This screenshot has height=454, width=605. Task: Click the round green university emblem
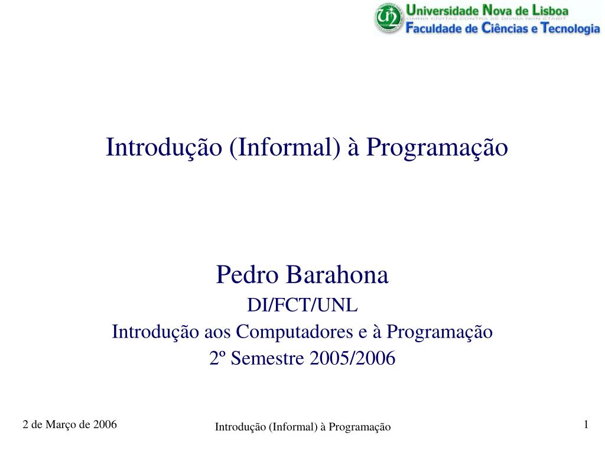pyautogui.click(x=389, y=18)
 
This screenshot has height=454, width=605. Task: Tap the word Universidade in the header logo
pyautogui.click(x=442, y=10)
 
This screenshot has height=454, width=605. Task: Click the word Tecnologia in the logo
pyautogui.click(x=570, y=28)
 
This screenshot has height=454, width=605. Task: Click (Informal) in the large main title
pyautogui.click(x=285, y=147)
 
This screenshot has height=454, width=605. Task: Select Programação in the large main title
pyautogui.click(x=437, y=148)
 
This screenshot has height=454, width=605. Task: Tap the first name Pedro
pyautogui.click(x=247, y=274)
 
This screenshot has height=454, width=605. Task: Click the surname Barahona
pyautogui.click(x=337, y=274)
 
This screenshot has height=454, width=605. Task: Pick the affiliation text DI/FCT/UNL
pyautogui.click(x=302, y=305)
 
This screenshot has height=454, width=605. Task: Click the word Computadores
pyautogui.click(x=294, y=332)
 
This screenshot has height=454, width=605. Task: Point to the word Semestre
pyautogui.click(x=268, y=358)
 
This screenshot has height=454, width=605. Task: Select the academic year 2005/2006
pyautogui.click(x=352, y=358)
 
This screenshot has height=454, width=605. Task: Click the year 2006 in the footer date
pyautogui.click(x=105, y=424)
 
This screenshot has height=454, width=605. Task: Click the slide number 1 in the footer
pyautogui.click(x=586, y=424)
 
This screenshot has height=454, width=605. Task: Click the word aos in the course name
pyautogui.click(x=217, y=332)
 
